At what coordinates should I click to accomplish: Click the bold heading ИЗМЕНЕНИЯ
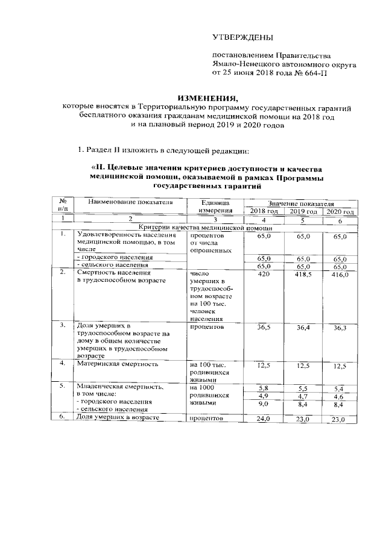[x=203, y=98]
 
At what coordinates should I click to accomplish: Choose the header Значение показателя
[x=301, y=204]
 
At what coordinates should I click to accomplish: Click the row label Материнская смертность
[x=117, y=364]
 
